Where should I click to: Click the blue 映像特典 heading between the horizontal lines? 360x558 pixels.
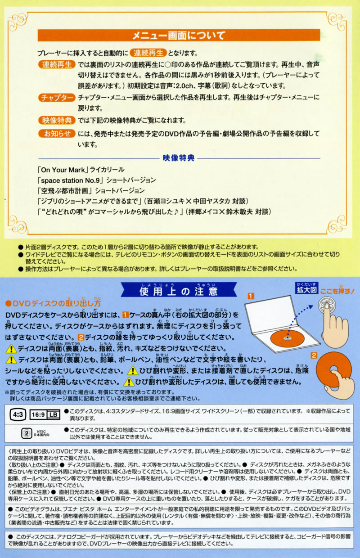[179, 158]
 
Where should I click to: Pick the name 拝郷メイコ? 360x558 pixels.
[201, 211]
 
